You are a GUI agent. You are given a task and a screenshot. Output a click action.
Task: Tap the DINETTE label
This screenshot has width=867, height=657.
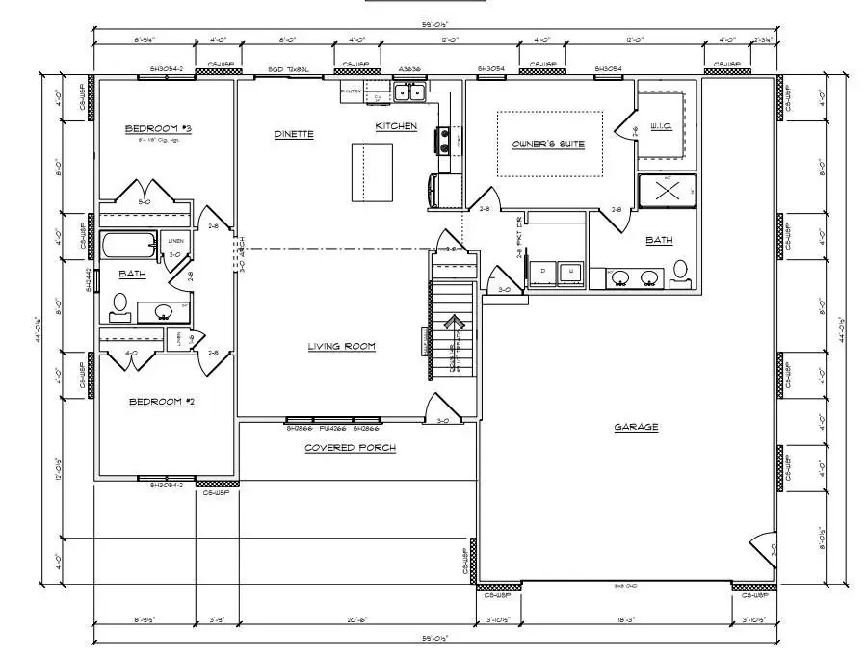point(294,134)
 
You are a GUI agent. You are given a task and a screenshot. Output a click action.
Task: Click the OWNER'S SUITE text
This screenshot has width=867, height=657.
point(548,145)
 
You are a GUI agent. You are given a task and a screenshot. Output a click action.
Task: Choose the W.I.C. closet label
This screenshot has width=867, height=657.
point(661,126)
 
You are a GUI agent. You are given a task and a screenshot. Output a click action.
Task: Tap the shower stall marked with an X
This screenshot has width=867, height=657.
point(667,191)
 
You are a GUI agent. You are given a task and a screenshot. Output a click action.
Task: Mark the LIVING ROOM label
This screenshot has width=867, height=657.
point(341,347)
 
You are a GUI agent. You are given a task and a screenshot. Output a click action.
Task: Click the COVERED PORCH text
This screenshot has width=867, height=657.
point(351,448)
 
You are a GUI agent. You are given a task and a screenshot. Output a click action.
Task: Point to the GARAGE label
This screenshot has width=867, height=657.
point(636,427)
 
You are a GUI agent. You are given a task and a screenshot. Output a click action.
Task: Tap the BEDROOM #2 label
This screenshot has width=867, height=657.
point(162,401)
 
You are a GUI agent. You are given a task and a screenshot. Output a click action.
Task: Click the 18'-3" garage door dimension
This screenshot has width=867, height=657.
point(624,620)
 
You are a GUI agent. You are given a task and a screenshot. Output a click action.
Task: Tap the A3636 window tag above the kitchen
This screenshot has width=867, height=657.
point(408,70)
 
